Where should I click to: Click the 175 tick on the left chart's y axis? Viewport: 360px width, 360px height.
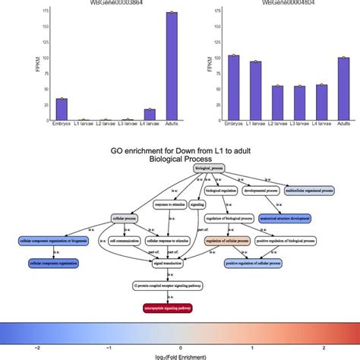pyautogui.click(x=26, y=11)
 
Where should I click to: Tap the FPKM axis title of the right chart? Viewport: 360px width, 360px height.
pyautogui.click(x=198, y=65)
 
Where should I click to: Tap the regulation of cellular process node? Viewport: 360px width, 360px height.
pyautogui.click(x=226, y=241)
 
